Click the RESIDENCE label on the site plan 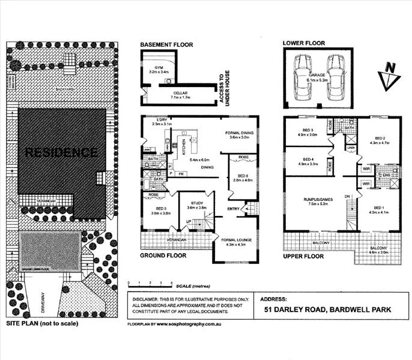61,152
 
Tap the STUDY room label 196,203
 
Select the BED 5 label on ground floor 154,209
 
